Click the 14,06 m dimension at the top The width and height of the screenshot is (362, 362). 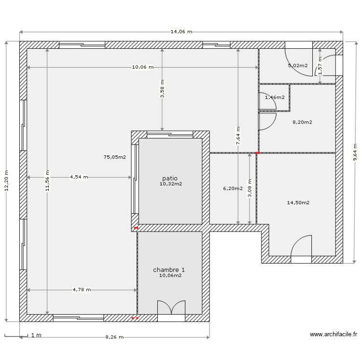click(181, 32)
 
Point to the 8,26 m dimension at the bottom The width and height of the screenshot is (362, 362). click(114, 337)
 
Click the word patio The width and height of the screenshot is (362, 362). click(169, 178)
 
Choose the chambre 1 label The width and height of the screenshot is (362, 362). click(169, 270)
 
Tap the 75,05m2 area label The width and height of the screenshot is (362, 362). click(114, 157)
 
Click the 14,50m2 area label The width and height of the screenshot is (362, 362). click(298, 203)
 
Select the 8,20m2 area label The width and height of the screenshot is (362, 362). click(302, 122)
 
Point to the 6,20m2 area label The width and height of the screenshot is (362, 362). click(232, 189)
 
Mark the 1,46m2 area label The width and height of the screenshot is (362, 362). click(275, 97)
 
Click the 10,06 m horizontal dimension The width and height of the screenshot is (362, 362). click(142, 67)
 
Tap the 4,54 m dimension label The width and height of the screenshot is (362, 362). click(79, 177)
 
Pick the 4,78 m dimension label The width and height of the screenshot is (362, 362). click(82, 290)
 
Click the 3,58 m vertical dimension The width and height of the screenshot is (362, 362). click(162, 89)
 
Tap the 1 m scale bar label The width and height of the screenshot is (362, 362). click(36, 335)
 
